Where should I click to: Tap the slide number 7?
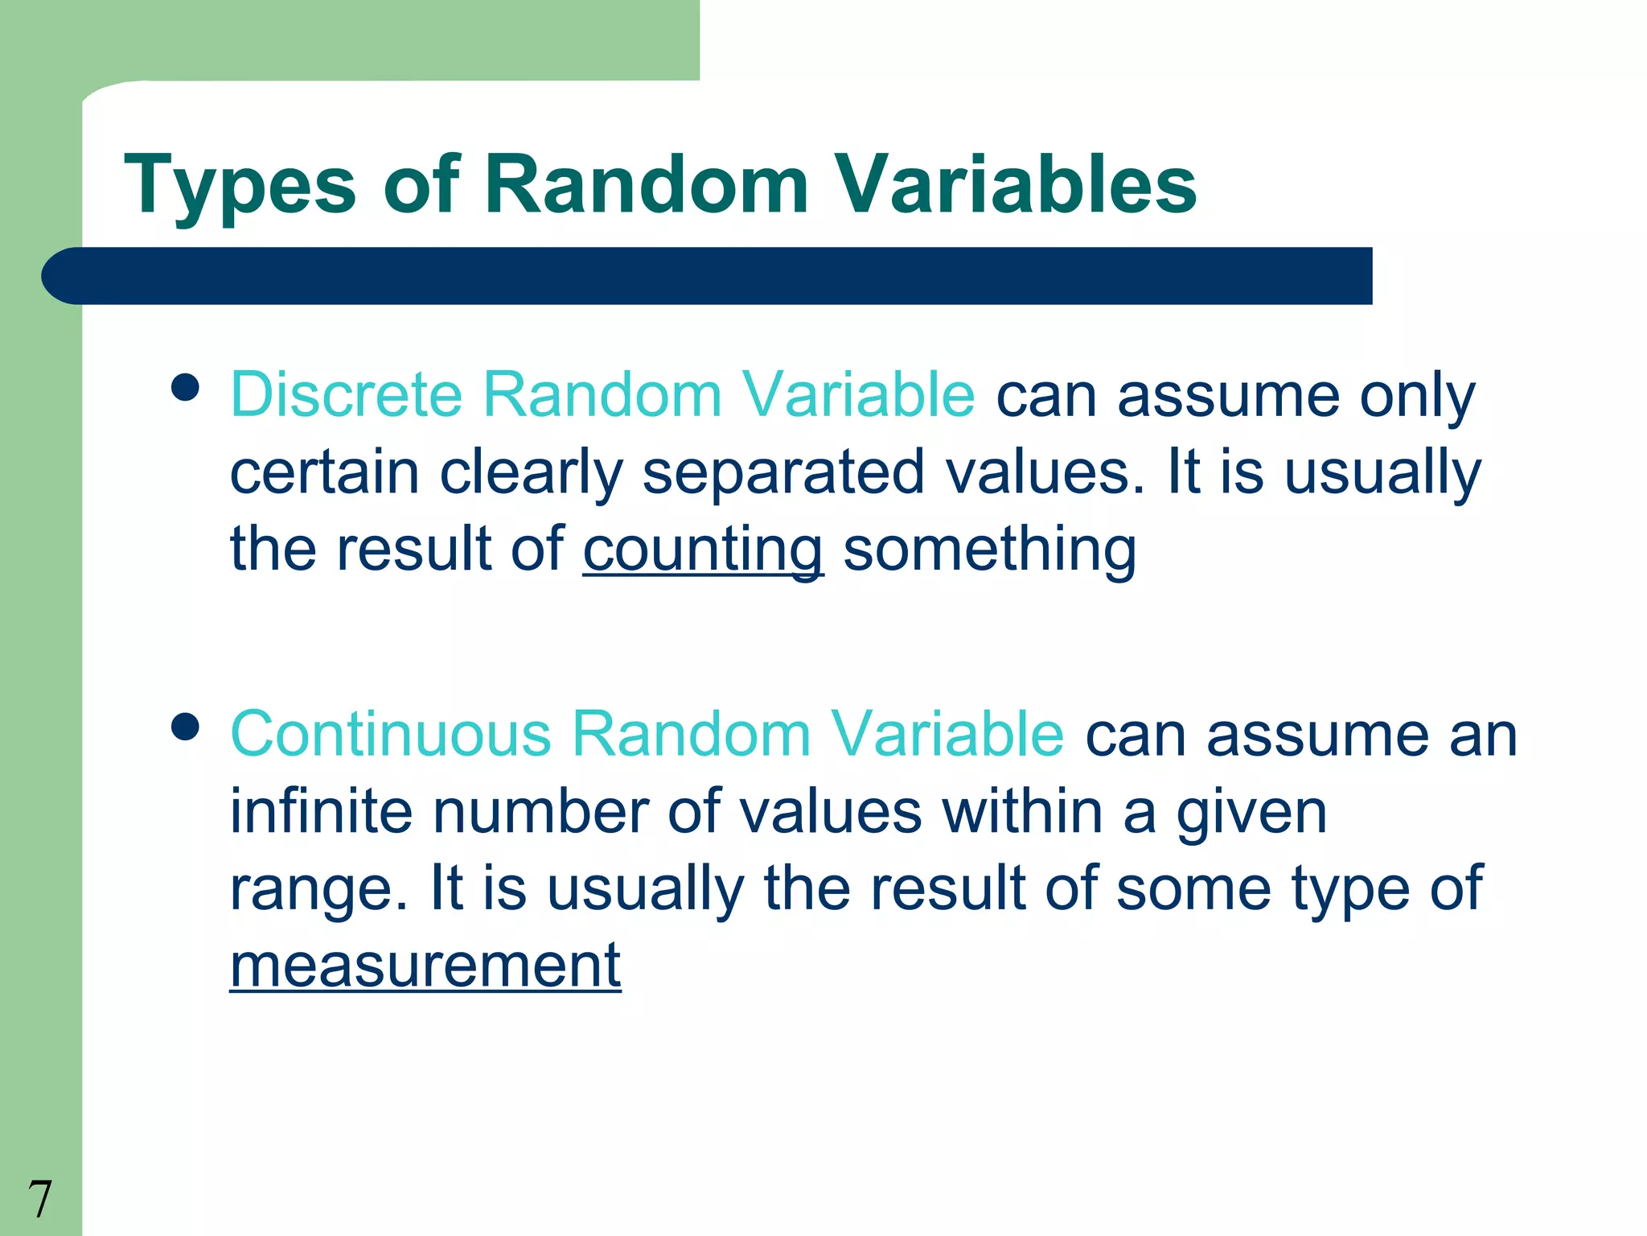coord(39,1199)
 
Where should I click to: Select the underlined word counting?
coord(703,550)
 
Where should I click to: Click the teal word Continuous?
coord(391,734)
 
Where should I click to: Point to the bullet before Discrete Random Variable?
coord(185,388)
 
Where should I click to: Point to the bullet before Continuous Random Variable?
coord(185,727)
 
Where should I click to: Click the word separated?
coord(783,472)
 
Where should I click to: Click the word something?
coord(989,550)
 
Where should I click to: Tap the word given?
coord(1251,813)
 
